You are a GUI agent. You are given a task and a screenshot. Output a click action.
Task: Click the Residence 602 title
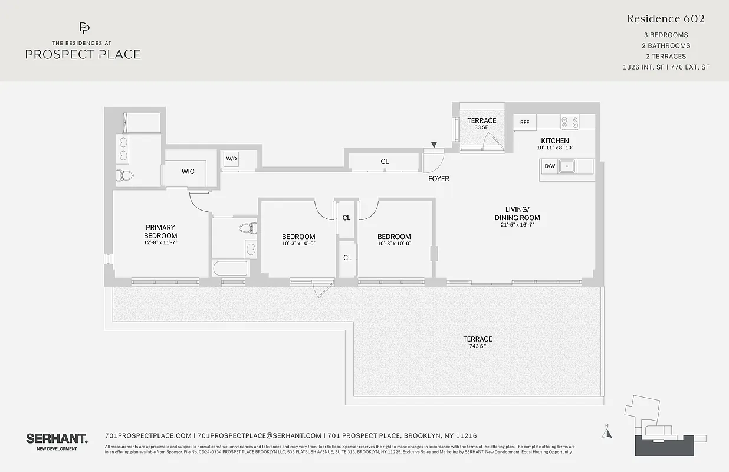[x=666, y=19]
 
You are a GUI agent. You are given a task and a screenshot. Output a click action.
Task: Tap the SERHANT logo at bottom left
[x=57, y=438]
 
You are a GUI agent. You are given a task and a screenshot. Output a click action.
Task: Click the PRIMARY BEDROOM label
[x=160, y=231]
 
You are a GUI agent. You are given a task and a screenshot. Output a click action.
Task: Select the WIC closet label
[x=188, y=172]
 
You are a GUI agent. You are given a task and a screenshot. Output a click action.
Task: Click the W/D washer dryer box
[x=231, y=159]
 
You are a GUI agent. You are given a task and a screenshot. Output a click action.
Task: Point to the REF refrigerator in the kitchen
[x=524, y=123]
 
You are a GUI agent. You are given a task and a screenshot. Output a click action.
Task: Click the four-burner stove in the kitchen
[x=570, y=122]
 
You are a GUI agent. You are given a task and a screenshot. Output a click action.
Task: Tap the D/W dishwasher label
[x=549, y=166]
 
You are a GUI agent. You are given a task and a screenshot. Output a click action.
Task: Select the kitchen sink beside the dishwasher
[x=567, y=166]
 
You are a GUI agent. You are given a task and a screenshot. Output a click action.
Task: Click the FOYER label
[x=438, y=179]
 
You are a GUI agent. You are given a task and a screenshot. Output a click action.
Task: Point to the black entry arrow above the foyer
[x=434, y=145]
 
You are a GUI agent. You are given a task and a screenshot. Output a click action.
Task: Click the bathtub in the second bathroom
[x=231, y=268]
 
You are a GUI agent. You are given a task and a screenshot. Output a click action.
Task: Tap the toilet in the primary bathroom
[x=126, y=175]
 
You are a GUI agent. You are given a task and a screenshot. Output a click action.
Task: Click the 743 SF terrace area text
[x=477, y=346]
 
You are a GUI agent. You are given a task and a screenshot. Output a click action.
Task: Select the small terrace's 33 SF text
[x=482, y=127]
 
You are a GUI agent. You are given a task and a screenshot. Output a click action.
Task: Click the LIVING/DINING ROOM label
[x=517, y=214]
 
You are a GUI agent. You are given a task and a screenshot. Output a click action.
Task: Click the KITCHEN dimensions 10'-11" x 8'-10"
[x=555, y=148]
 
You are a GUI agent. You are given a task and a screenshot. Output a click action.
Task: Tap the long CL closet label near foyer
[x=385, y=162]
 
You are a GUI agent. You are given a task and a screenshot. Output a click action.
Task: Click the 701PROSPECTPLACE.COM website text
[x=148, y=435]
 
